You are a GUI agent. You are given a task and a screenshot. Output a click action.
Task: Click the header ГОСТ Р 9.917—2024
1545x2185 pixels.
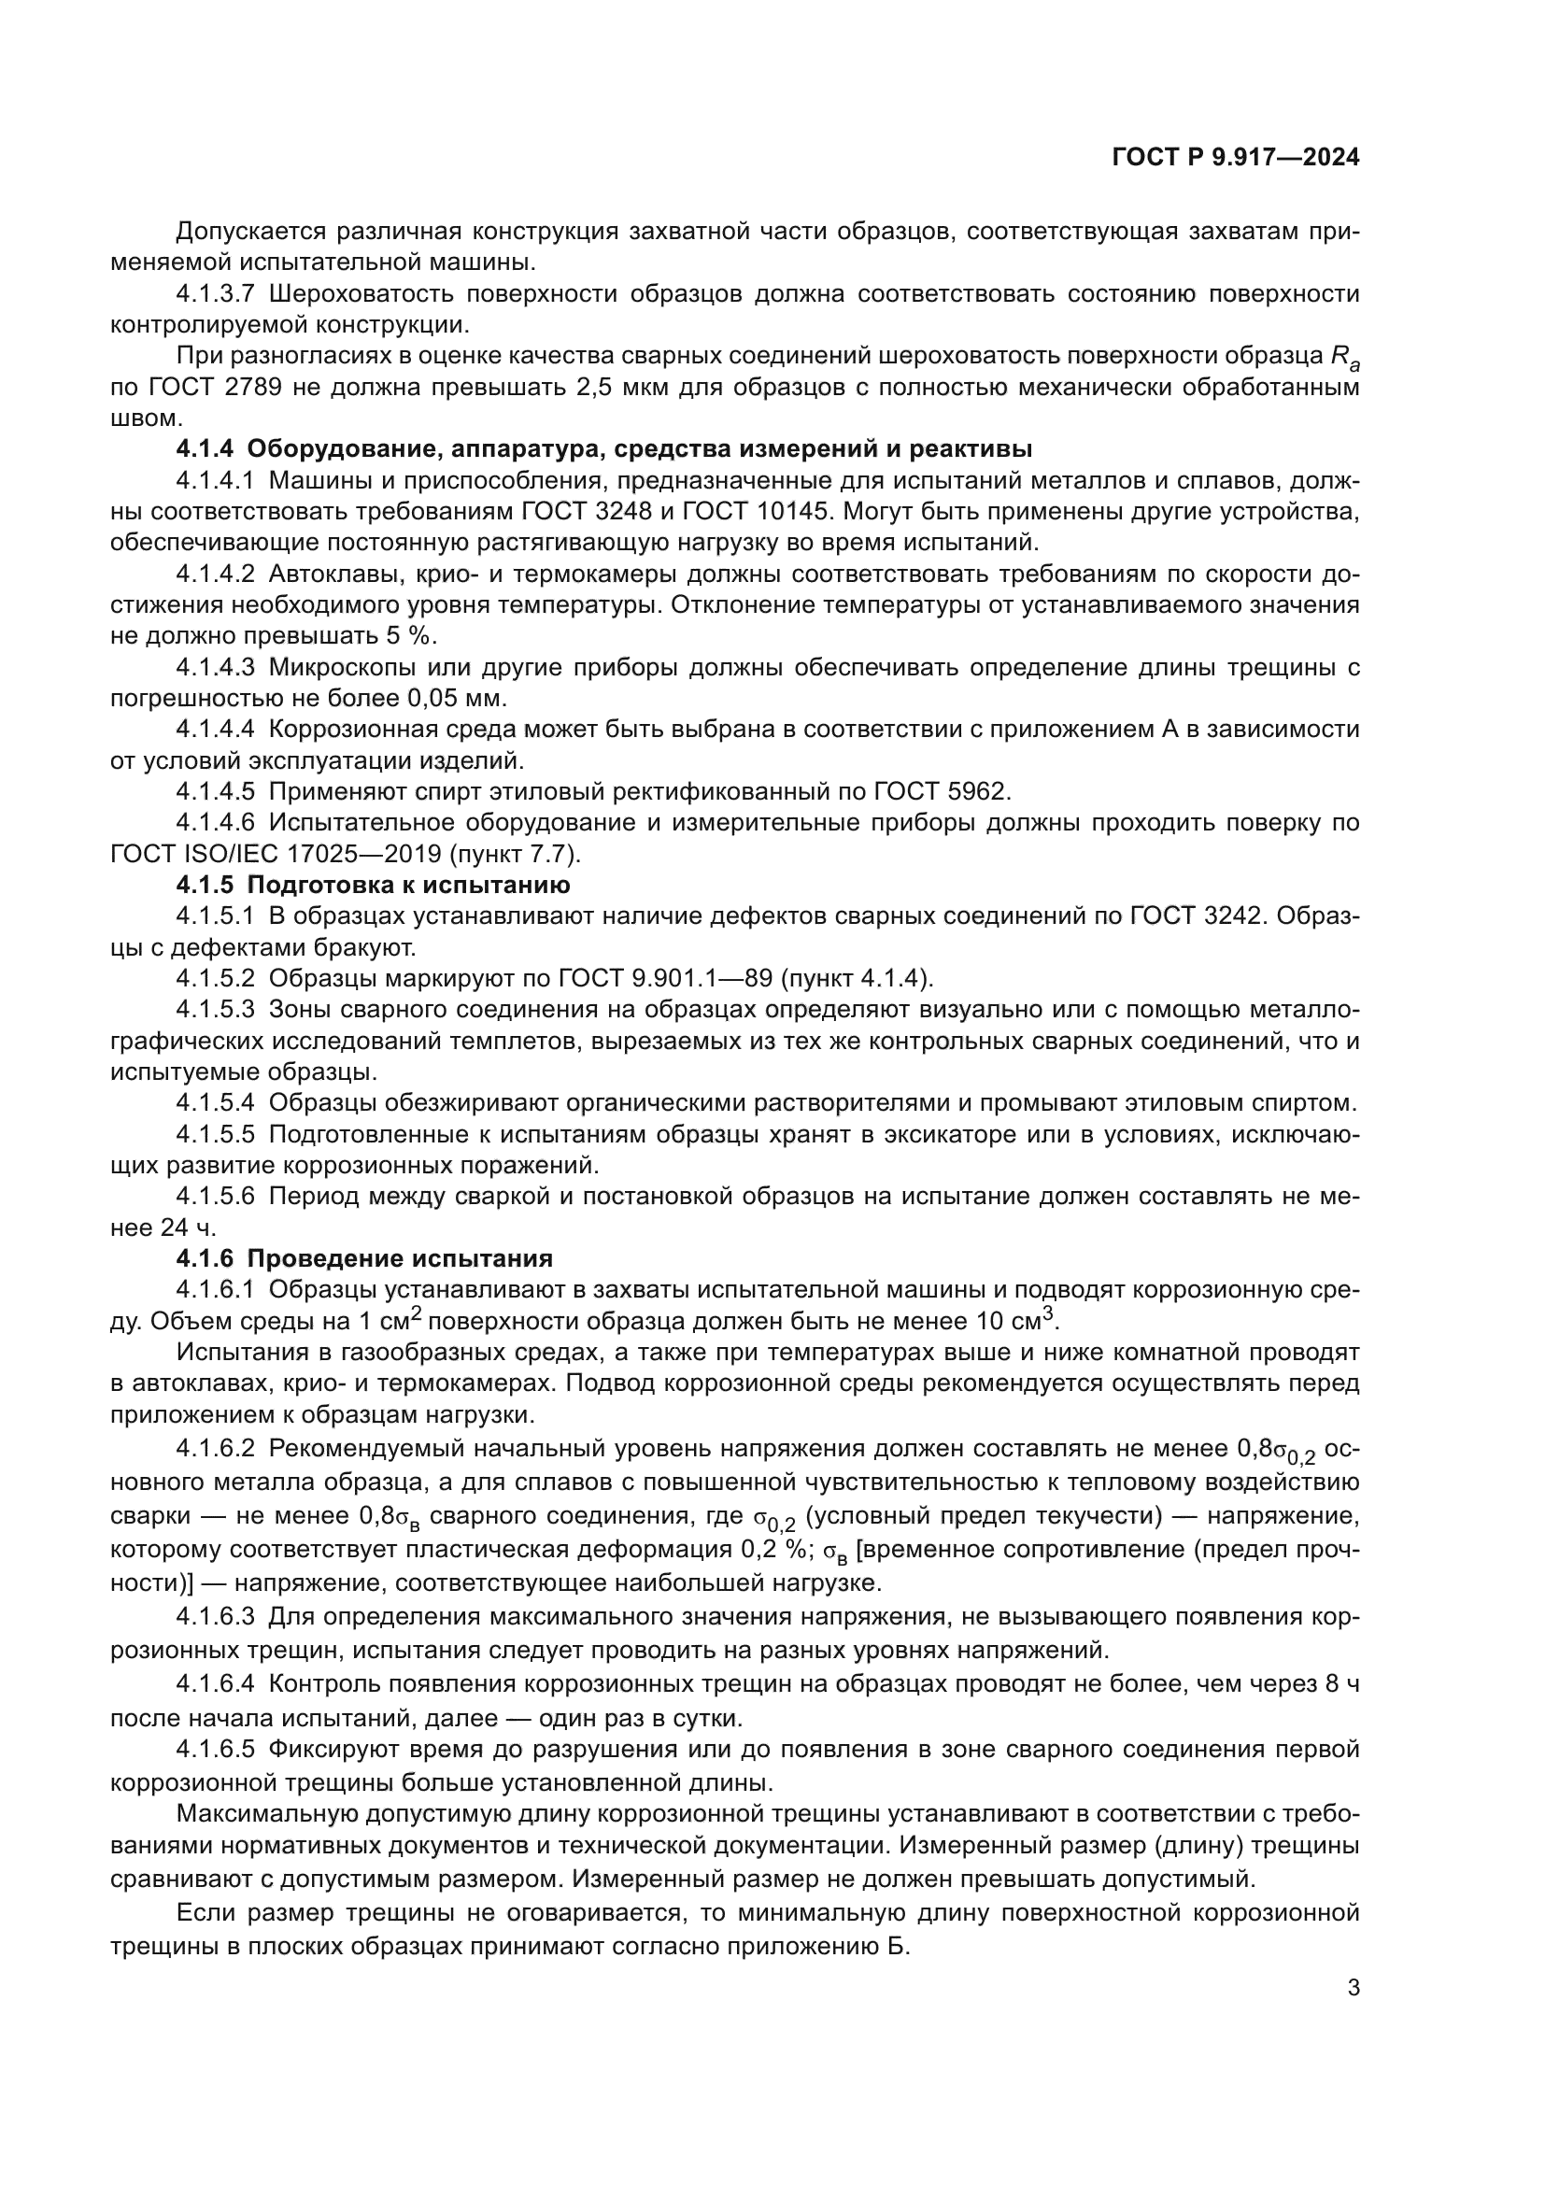pos(1235,158)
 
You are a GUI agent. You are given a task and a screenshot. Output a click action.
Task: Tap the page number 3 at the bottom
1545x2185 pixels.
pos(1353,1988)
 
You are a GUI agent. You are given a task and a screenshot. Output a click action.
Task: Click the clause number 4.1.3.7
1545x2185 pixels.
pos(215,294)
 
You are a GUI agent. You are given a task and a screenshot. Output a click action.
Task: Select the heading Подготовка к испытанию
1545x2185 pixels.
pos(408,884)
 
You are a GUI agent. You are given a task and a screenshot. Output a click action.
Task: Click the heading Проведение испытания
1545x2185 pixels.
pos(400,1258)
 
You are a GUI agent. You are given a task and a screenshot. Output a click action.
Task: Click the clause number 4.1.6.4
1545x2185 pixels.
pos(215,1683)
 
